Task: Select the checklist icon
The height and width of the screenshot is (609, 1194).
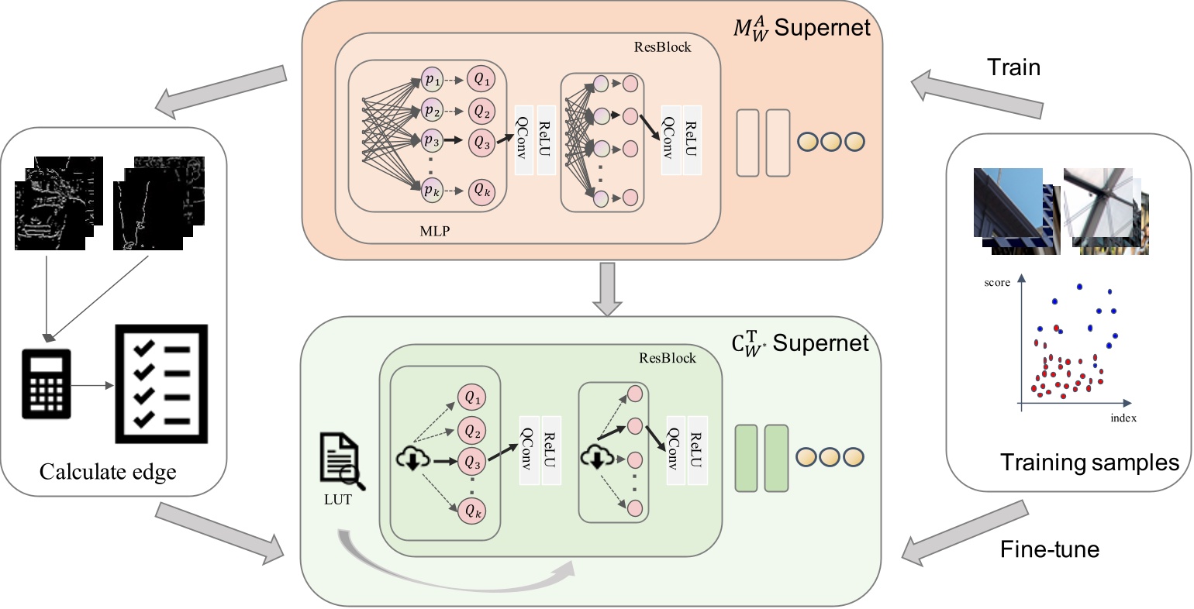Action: click(160, 384)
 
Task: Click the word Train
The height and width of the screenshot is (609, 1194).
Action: click(1013, 67)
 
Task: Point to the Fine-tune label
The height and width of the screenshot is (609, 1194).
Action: click(1050, 549)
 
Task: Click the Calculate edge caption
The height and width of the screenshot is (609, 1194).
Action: click(108, 471)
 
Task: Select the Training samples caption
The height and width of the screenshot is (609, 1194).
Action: click(1089, 463)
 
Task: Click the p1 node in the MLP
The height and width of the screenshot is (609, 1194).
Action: click(433, 80)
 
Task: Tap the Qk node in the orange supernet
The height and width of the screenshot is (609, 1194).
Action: click(482, 191)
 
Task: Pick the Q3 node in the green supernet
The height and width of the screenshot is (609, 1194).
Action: click(472, 462)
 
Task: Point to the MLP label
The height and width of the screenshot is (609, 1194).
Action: click(434, 230)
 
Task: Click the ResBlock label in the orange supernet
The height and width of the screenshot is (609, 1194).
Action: click(662, 46)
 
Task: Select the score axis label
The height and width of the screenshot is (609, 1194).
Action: click(997, 283)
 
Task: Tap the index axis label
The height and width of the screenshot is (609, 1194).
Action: click(1123, 418)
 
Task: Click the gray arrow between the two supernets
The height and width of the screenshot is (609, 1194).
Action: click(607, 289)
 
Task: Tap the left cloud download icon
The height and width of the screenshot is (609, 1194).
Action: click(410, 459)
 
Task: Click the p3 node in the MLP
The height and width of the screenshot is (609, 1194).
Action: click(433, 143)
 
